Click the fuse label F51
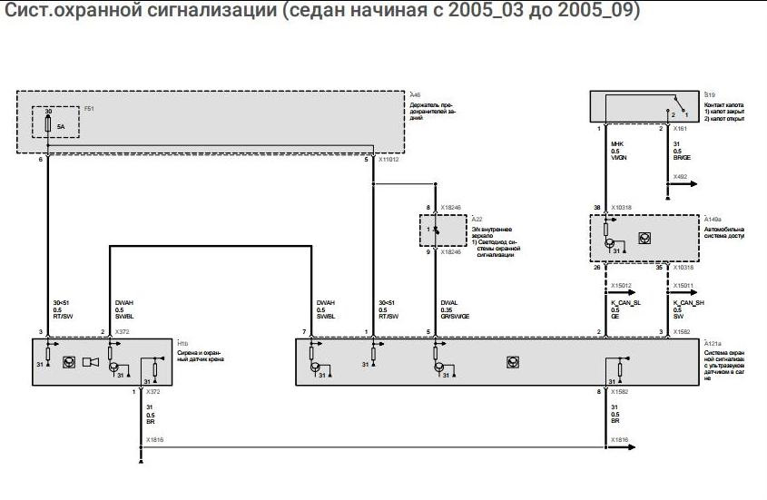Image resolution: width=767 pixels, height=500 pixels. point(88,109)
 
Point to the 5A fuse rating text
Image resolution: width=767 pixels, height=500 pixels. point(60,127)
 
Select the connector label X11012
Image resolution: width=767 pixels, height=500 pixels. point(388,160)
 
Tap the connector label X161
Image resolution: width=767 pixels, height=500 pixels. point(680,130)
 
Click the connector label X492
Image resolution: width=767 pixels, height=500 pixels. point(680,177)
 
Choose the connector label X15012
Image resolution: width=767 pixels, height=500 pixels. point(622,285)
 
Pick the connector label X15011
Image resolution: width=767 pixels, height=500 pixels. point(685,285)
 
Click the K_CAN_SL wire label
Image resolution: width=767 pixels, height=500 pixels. point(624,302)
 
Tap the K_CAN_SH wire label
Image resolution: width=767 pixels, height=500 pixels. point(689,302)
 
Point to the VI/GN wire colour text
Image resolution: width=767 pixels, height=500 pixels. point(619,159)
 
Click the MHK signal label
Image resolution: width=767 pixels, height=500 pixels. point(616,144)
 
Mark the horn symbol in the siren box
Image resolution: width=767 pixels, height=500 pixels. point(89,362)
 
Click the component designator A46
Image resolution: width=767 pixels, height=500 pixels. point(415,94)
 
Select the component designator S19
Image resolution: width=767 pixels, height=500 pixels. point(709,94)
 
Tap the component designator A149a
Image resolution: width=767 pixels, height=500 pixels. point(713,219)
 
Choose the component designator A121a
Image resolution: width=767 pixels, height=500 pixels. point(713,343)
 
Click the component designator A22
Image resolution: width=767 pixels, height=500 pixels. point(451,219)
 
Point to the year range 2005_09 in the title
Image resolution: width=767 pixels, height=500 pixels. point(604,12)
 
